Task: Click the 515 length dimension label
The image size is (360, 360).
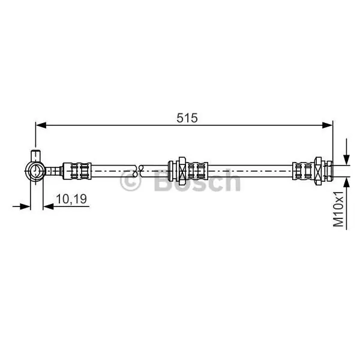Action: [187, 118]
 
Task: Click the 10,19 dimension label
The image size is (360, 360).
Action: [71, 199]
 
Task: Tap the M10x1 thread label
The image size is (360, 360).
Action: [338, 209]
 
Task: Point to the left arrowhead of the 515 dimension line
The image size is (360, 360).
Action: [41, 125]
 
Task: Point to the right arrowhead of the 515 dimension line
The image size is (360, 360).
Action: [327, 125]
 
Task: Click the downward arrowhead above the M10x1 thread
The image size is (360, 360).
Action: [346, 160]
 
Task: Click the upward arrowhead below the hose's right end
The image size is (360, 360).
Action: [346, 182]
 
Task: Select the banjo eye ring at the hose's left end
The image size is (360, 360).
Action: [35, 171]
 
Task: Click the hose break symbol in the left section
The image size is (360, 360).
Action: [138, 171]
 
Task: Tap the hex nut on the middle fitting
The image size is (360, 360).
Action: [182, 171]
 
